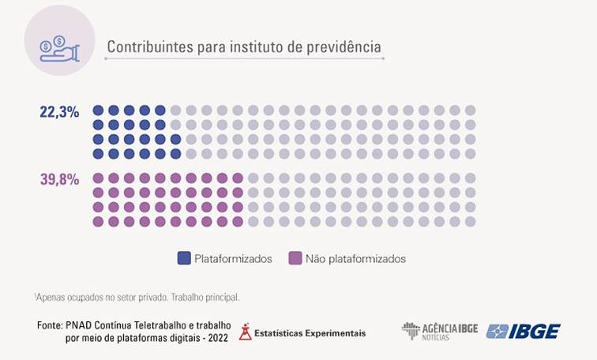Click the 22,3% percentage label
59,112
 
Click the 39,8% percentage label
59,179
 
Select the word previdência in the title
344,47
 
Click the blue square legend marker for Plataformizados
184,258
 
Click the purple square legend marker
295,258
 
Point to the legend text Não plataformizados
355,258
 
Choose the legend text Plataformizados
233,258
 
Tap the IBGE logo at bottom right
523,331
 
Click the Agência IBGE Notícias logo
439,331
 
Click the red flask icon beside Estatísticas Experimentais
246,332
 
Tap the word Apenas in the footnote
51,298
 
